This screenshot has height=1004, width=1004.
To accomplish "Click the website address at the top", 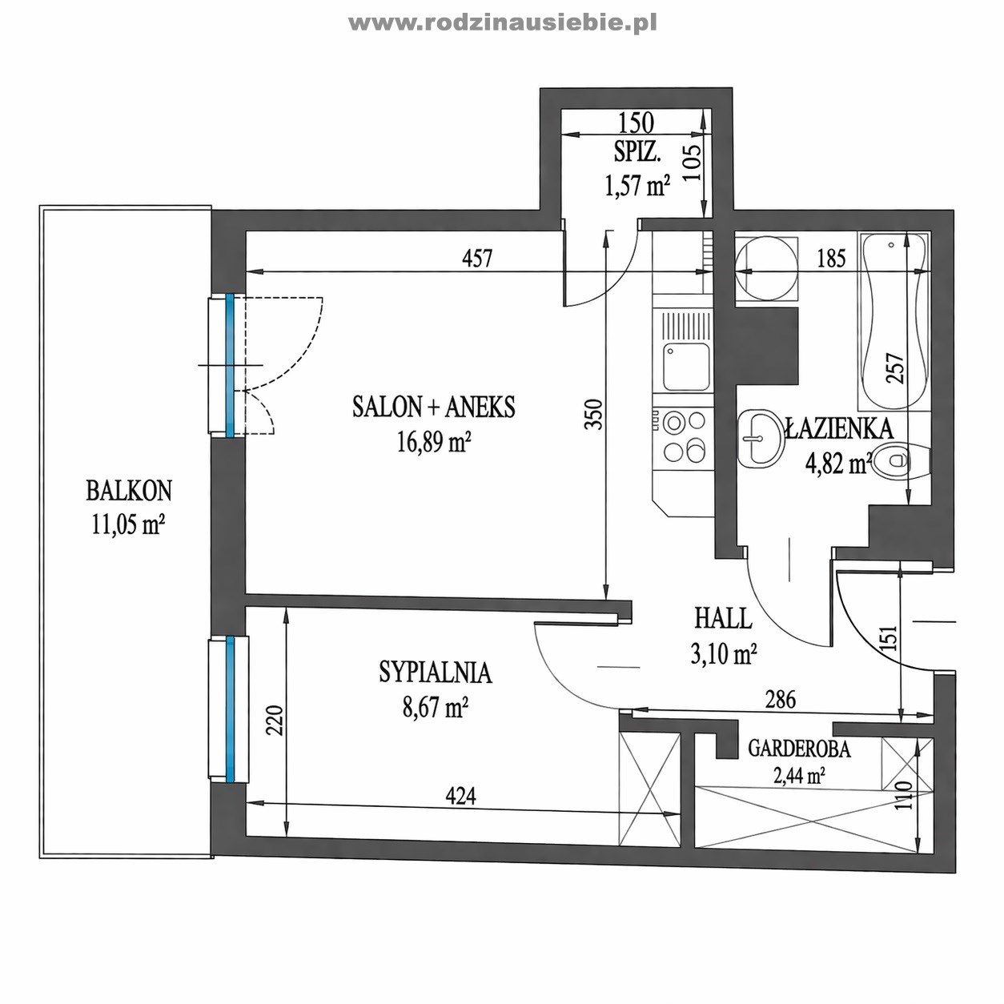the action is coord(502,23).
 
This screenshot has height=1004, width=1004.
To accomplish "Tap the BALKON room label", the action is coord(129,491).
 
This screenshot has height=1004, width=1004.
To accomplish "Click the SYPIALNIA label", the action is coord(435,672).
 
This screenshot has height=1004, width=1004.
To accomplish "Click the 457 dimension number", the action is coord(476,258).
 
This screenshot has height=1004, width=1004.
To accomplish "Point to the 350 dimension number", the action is coord(593,414).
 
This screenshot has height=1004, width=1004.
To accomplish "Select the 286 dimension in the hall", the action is coord(781,700).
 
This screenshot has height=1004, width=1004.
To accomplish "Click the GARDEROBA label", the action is coord(799,749).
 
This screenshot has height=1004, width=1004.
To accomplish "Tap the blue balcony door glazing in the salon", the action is coord(230,365).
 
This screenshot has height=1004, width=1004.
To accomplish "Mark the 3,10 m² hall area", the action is coord(724,653).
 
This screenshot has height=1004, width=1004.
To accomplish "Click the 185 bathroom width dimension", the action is coord(831,259).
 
